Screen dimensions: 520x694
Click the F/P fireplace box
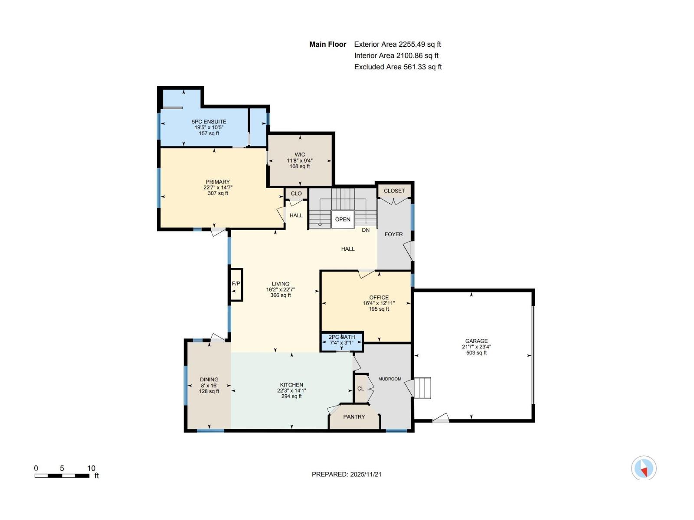[236, 284]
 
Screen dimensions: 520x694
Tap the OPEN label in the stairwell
[343, 219]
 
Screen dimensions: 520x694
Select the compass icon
[644, 468]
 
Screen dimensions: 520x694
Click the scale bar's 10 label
[91, 468]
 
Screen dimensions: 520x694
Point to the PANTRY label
[354, 416]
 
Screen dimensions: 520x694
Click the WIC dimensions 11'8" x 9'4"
[300, 160]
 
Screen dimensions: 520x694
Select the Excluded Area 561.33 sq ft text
[398, 67]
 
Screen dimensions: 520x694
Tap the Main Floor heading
[327, 44]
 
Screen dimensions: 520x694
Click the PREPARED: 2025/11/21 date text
[347, 474]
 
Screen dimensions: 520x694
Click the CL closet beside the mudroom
[360, 388]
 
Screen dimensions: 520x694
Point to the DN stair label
[366, 230]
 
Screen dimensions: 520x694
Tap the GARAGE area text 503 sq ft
[476, 353]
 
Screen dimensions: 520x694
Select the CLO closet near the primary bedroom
[296, 193]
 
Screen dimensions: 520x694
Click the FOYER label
[393, 234]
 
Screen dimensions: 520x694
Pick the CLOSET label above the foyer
[394, 191]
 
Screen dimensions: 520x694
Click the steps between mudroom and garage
[422, 388]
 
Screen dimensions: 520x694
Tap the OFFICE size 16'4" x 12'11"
[379, 303]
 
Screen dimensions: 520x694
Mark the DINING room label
[209, 379]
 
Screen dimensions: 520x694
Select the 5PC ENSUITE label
[209, 122]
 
